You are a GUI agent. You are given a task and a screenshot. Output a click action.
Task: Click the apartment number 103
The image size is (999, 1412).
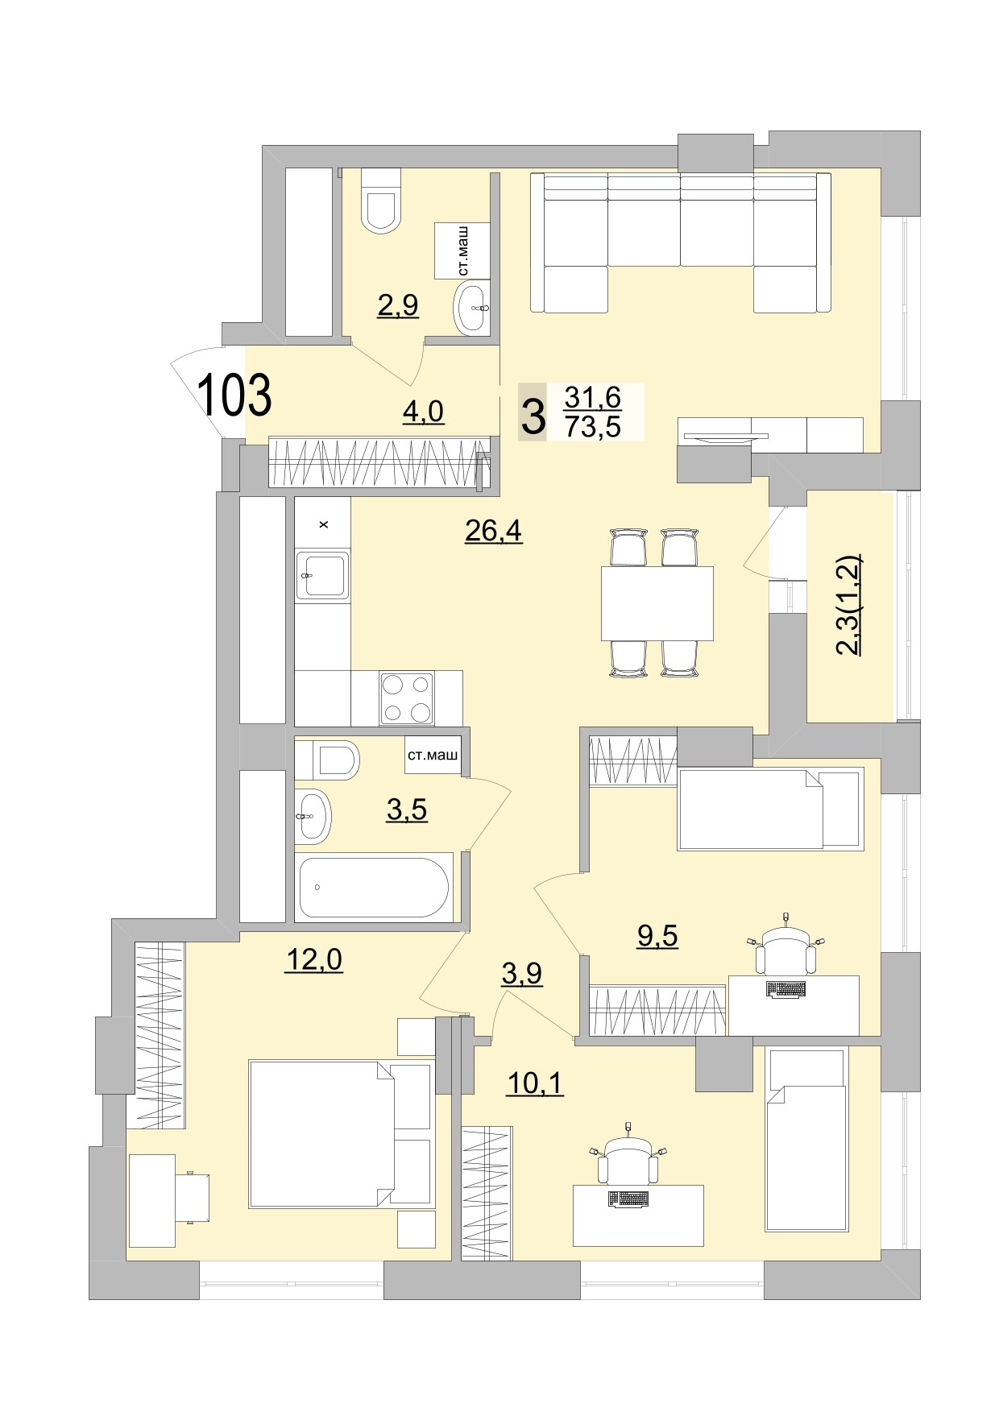234,395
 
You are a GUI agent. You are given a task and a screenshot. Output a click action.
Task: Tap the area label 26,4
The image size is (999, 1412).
493,531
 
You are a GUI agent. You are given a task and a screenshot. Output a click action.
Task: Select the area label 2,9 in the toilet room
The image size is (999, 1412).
398,305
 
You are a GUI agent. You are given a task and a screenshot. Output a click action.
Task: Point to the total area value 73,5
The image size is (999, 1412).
592,427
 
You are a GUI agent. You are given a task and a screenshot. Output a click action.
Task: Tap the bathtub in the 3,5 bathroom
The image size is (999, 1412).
372,887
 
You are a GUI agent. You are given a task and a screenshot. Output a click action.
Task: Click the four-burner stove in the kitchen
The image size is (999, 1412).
406,698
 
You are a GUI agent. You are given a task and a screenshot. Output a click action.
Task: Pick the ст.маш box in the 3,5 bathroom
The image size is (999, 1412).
433,756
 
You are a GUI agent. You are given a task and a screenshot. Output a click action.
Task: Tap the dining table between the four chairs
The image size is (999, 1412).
657,602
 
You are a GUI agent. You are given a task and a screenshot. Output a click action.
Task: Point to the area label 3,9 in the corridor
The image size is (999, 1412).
521,974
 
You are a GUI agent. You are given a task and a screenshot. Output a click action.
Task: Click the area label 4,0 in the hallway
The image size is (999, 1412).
423,412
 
